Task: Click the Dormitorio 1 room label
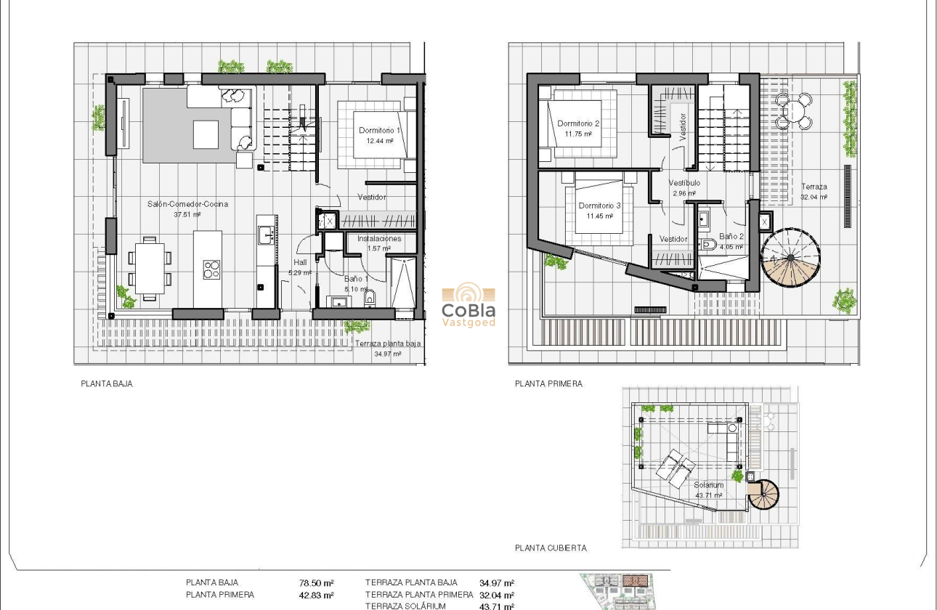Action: (379, 131)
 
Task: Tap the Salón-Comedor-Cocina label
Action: (187, 204)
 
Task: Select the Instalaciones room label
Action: (378, 238)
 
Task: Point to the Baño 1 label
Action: (357, 279)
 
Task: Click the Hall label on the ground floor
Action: (300, 263)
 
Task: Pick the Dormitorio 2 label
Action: (578, 123)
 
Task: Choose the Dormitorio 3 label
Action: (599, 206)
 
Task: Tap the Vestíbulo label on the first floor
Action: (684, 184)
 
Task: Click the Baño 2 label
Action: (731, 237)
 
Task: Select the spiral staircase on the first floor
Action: (790, 256)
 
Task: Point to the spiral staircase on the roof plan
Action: (763, 494)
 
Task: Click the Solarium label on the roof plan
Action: (708, 485)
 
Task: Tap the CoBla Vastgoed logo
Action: (468, 305)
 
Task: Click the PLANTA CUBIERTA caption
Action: (551, 548)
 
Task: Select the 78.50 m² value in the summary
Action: (316, 582)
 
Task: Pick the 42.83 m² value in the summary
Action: (316, 595)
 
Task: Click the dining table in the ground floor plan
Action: (149, 267)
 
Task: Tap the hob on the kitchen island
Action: (211, 269)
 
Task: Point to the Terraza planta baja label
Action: (388, 344)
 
